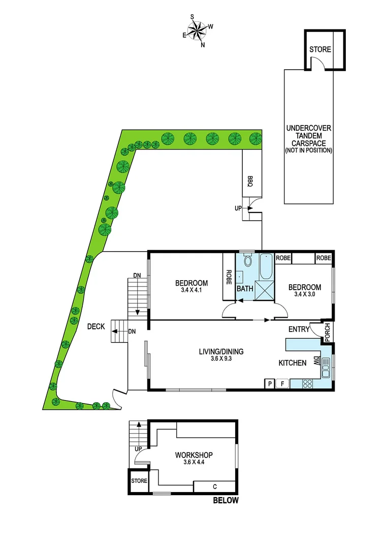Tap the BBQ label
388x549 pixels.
point(250,181)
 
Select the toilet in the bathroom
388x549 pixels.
point(248,261)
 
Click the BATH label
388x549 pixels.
point(245,289)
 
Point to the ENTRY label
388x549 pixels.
point(299,329)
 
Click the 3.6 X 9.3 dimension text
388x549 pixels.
point(221,359)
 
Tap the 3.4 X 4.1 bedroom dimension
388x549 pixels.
point(191,291)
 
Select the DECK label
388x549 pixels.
point(95,327)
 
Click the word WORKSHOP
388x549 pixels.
point(193,455)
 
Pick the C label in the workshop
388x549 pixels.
point(214,486)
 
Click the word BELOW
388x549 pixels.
point(225,501)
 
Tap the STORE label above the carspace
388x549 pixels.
point(320,50)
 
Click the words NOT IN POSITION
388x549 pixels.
point(309,150)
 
